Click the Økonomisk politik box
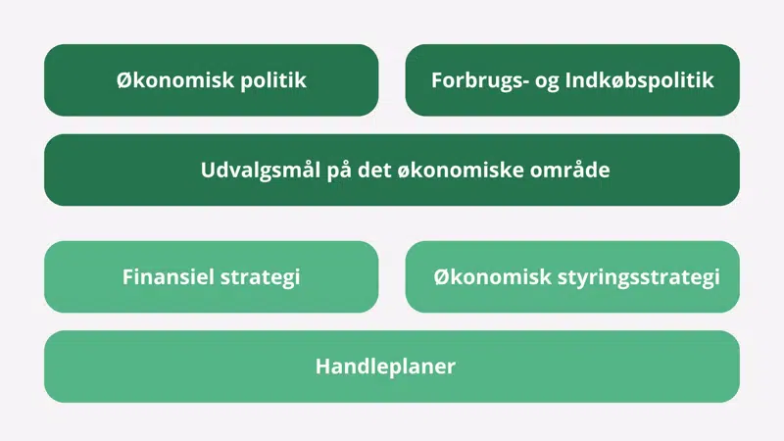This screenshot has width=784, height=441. (x=211, y=80)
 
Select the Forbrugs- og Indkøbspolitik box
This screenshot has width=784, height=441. (x=572, y=80)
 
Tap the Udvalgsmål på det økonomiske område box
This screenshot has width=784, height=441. (x=392, y=170)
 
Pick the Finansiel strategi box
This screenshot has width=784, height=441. (x=211, y=276)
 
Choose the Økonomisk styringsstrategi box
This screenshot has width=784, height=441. (x=572, y=276)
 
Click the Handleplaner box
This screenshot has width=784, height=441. (x=392, y=367)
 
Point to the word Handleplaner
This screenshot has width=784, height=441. (x=385, y=367)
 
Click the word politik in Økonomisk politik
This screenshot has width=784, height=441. (x=273, y=80)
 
